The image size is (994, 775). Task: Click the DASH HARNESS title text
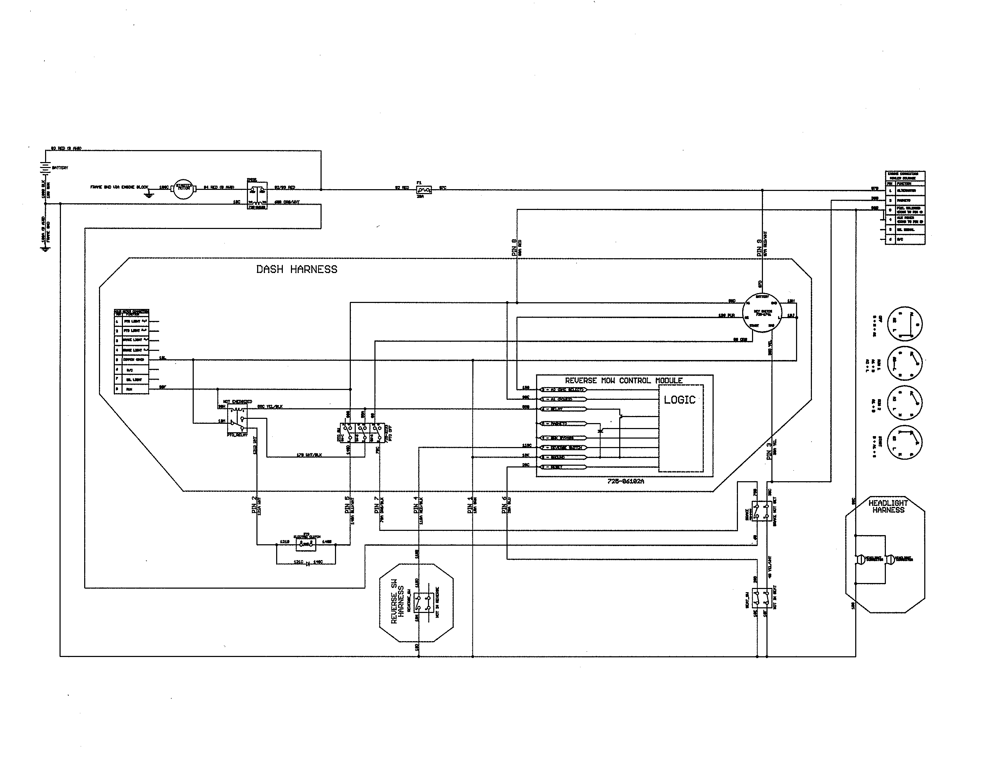point(297,269)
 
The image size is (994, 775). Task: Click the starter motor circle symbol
point(184,188)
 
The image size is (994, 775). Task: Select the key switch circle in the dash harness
point(762,314)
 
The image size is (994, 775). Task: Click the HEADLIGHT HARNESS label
point(888,507)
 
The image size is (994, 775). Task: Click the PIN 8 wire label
point(514,247)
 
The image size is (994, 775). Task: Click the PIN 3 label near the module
point(769,451)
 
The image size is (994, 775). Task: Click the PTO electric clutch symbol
point(306,544)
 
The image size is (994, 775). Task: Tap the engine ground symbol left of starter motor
point(148,194)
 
